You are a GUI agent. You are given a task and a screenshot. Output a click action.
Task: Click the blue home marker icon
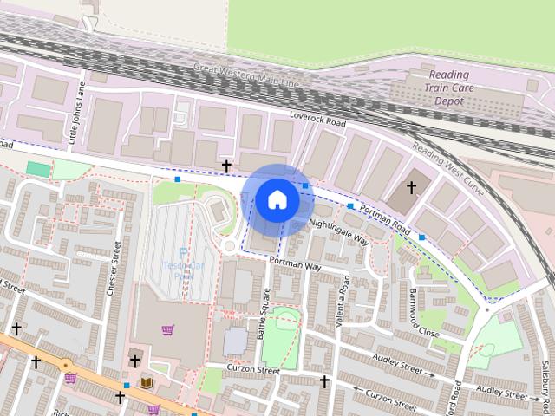pyautogui.click(x=277, y=199)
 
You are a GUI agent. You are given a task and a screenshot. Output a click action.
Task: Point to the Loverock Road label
pyautogui.click(x=317, y=122)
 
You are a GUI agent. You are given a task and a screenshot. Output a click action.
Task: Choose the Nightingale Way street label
pyautogui.click(x=339, y=231)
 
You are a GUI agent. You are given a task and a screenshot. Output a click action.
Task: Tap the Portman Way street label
pyautogui.click(x=295, y=263)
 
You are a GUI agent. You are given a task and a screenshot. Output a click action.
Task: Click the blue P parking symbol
pyautogui.click(x=183, y=254)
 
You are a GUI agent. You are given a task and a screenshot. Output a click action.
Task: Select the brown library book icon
pyautogui.click(x=146, y=381)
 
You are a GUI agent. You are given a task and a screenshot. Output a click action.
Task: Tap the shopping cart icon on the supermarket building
pyautogui.click(x=167, y=330)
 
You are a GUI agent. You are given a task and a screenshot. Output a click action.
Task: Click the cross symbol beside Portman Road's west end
pyautogui.click(x=226, y=165)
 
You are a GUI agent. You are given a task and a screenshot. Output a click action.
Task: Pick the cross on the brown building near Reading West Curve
pyautogui.click(x=411, y=186)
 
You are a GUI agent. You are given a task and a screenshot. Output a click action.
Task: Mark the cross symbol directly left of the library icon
pyautogui.click(x=134, y=361)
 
